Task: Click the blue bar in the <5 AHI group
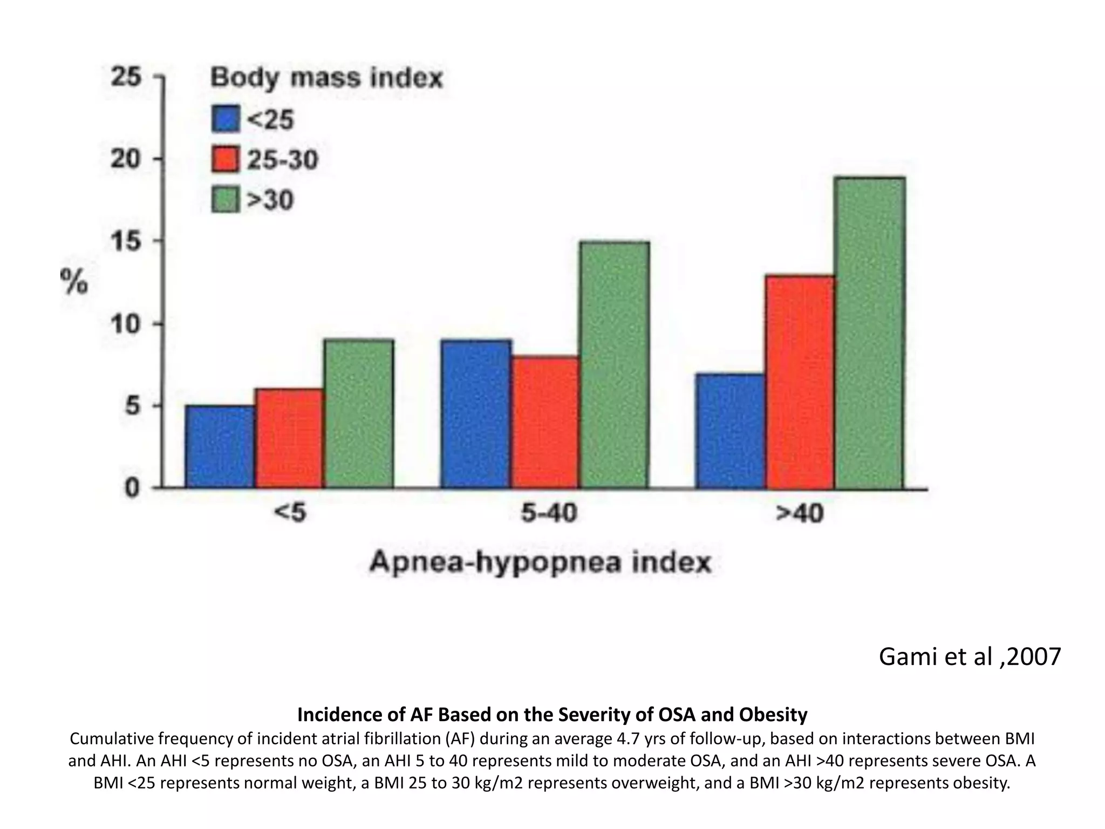click(x=220, y=447)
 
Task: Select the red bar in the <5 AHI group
click(x=290, y=438)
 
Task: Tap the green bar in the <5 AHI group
click(x=359, y=414)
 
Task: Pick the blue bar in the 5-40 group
click(x=476, y=414)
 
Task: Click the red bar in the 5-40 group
click(x=545, y=422)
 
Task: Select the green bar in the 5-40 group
click(x=615, y=365)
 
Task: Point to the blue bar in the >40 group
click(x=731, y=431)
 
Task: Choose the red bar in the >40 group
click(x=800, y=382)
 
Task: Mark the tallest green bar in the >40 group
click(x=870, y=332)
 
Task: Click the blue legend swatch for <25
click(x=226, y=119)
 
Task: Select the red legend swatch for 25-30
click(x=226, y=160)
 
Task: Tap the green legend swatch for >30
click(x=226, y=200)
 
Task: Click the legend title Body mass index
click(x=326, y=78)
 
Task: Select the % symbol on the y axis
click(x=74, y=282)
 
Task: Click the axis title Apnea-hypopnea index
click(x=540, y=563)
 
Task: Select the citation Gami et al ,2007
click(x=970, y=657)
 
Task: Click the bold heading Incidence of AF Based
click(x=552, y=715)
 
